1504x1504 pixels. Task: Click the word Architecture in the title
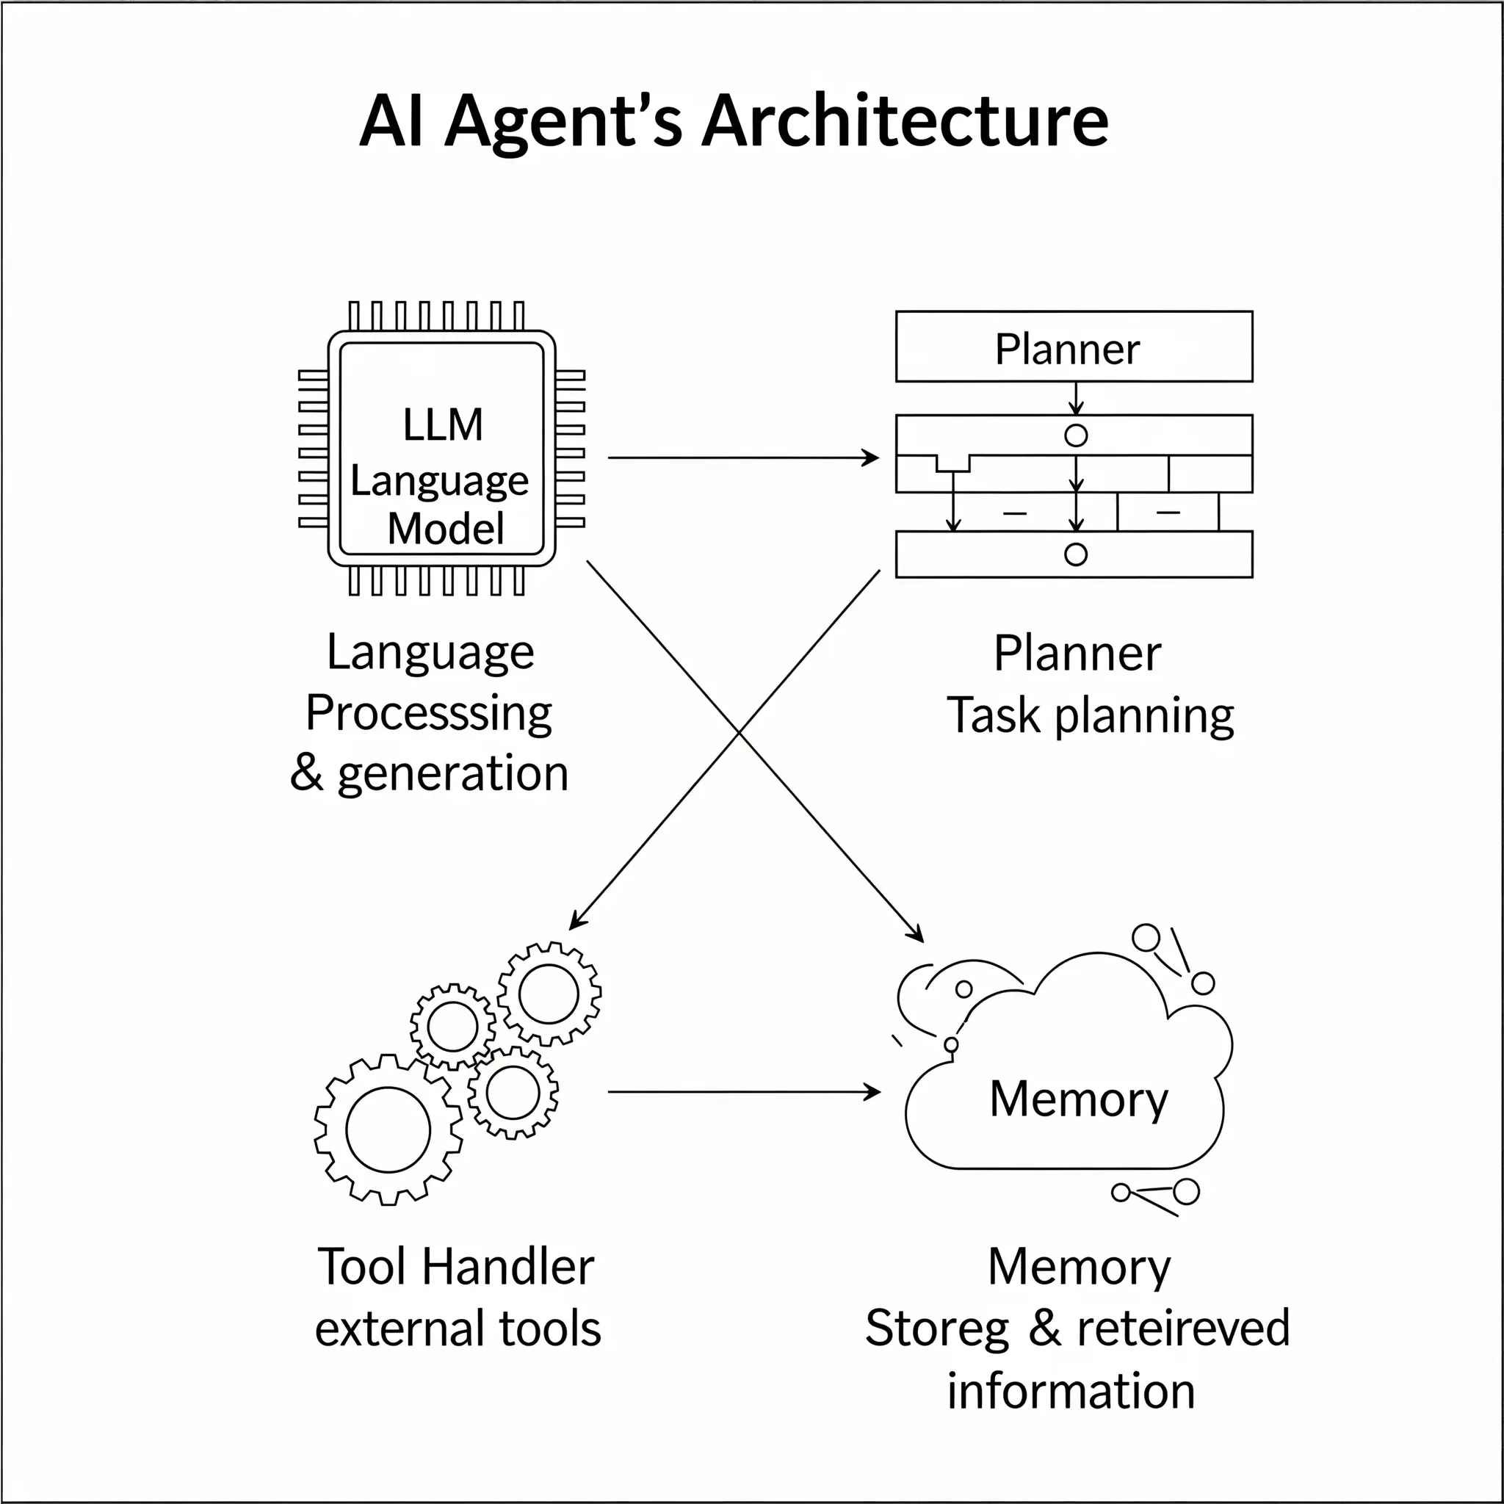click(x=905, y=121)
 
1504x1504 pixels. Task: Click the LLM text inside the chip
click(x=443, y=425)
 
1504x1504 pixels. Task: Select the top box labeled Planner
click(x=1074, y=347)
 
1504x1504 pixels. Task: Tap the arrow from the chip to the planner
click(x=742, y=458)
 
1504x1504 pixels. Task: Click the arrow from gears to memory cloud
click(x=742, y=1092)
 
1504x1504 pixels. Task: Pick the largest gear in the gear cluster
click(x=388, y=1129)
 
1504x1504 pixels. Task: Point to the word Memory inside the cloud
click(x=1078, y=1099)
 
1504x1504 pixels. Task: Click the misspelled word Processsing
click(x=429, y=713)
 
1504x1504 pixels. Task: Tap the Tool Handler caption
click(x=455, y=1267)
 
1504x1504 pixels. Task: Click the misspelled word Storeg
click(x=936, y=1328)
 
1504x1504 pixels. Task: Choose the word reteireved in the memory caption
click(x=1182, y=1328)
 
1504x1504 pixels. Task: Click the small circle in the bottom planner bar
click(x=1075, y=554)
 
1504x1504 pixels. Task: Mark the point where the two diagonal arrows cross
click(x=739, y=732)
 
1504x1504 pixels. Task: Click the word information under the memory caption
click(x=1071, y=1391)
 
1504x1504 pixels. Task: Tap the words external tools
click(x=458, y=1328)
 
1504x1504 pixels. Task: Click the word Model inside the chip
click(x=446, y=529)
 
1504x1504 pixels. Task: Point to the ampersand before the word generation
click(x=307, y=773)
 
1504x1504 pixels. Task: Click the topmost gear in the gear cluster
click(x=549, y=994)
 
